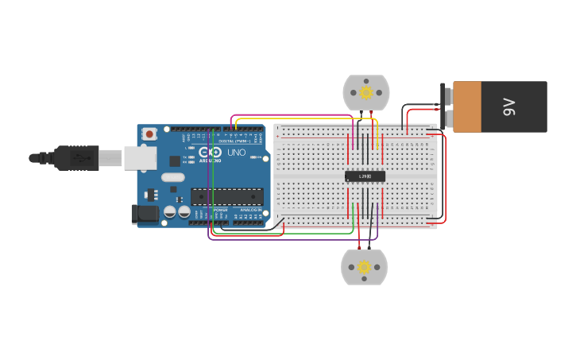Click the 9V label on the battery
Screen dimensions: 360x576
point(509,106)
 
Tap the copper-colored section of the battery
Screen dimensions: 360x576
point(467,106)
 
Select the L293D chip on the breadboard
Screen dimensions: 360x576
point(365,176)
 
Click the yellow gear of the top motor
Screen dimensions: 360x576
point(366,92)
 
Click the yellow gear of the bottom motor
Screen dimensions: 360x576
point(364,267)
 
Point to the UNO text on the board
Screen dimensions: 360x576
point(237,153)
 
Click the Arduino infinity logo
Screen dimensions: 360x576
point(211,153)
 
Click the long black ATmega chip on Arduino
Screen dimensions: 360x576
point(227,196)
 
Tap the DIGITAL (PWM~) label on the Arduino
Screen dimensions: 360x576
point(233,141)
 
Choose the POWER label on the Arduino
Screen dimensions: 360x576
point(220,210)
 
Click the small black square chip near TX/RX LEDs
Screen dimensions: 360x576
point(175,161)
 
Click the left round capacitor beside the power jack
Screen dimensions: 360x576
point(169,212)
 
